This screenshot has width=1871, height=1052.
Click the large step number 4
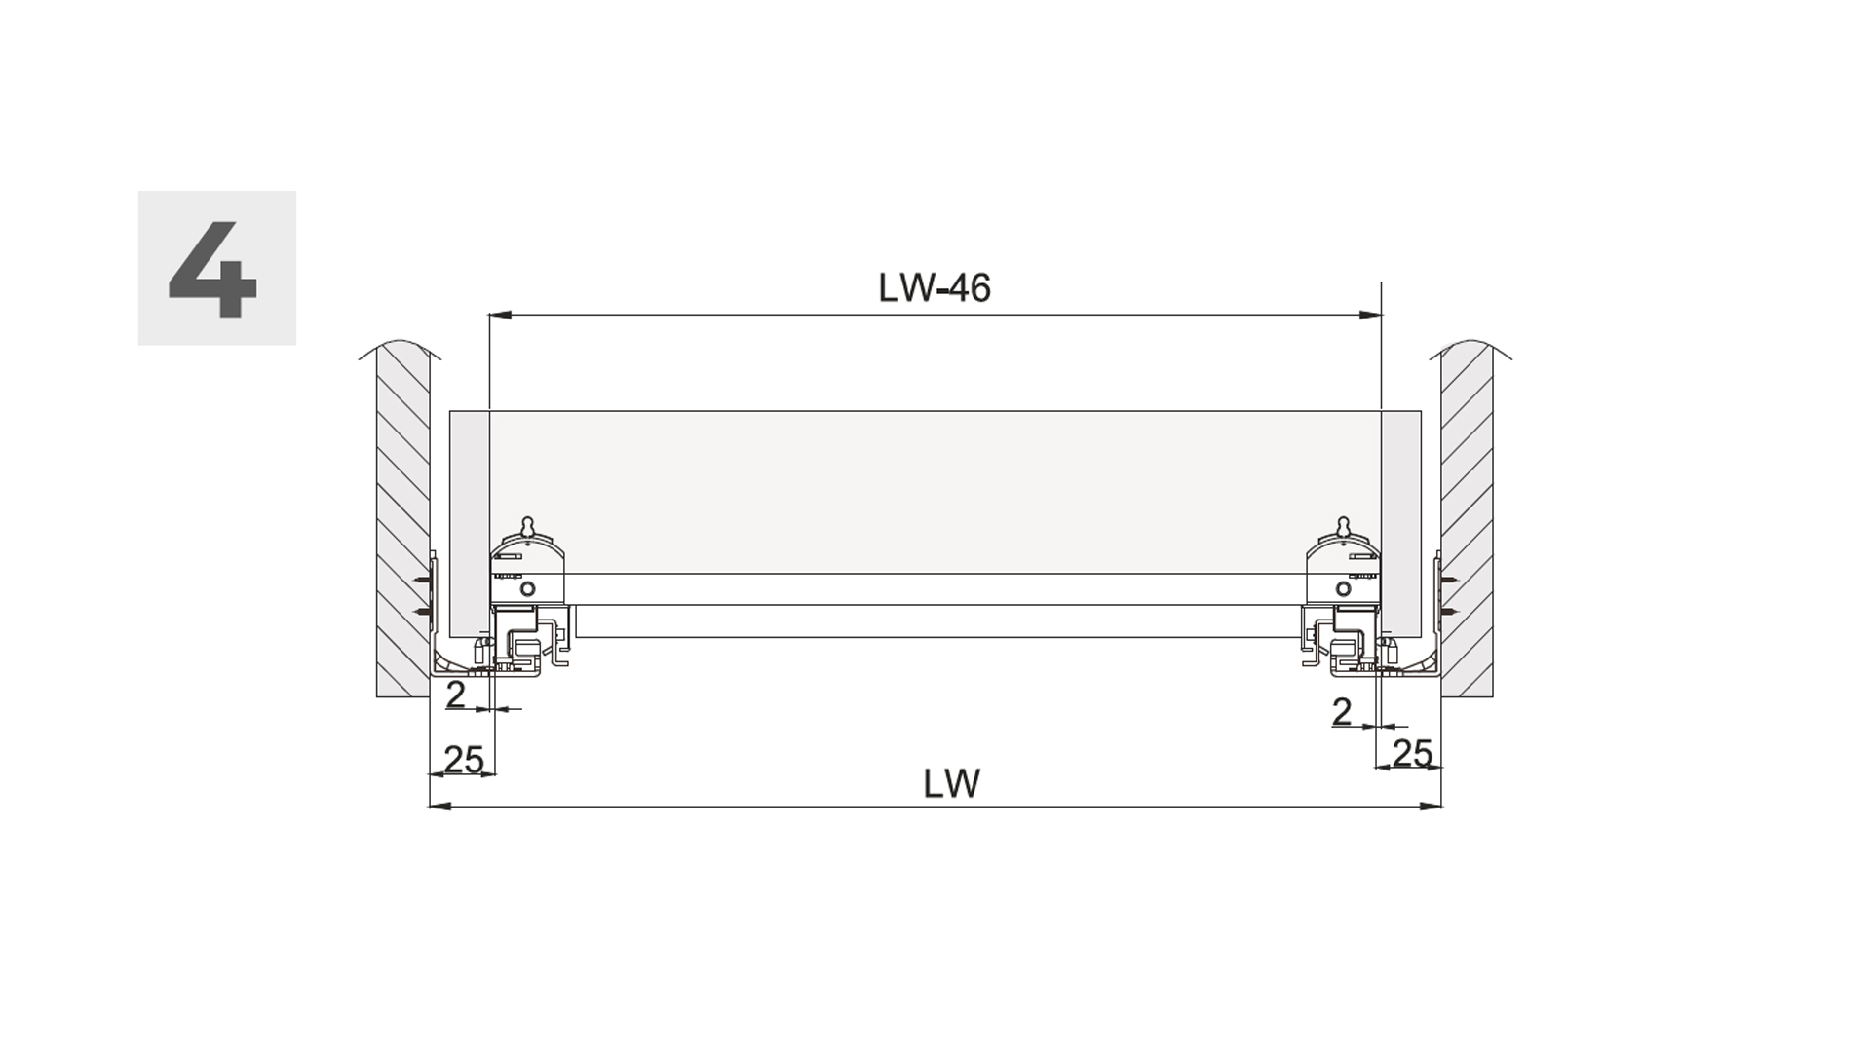213,270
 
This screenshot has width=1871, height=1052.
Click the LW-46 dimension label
935,288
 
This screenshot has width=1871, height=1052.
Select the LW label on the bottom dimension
952,784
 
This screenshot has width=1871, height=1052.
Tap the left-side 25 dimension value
464,759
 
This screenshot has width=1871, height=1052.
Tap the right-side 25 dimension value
1412,753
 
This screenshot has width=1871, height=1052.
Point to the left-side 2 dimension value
455,695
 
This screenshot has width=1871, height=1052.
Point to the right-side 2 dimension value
1342,712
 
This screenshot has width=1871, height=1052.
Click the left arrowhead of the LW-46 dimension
500,315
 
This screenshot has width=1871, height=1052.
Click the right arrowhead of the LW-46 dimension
1370,315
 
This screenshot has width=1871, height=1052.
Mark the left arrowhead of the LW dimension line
440,807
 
